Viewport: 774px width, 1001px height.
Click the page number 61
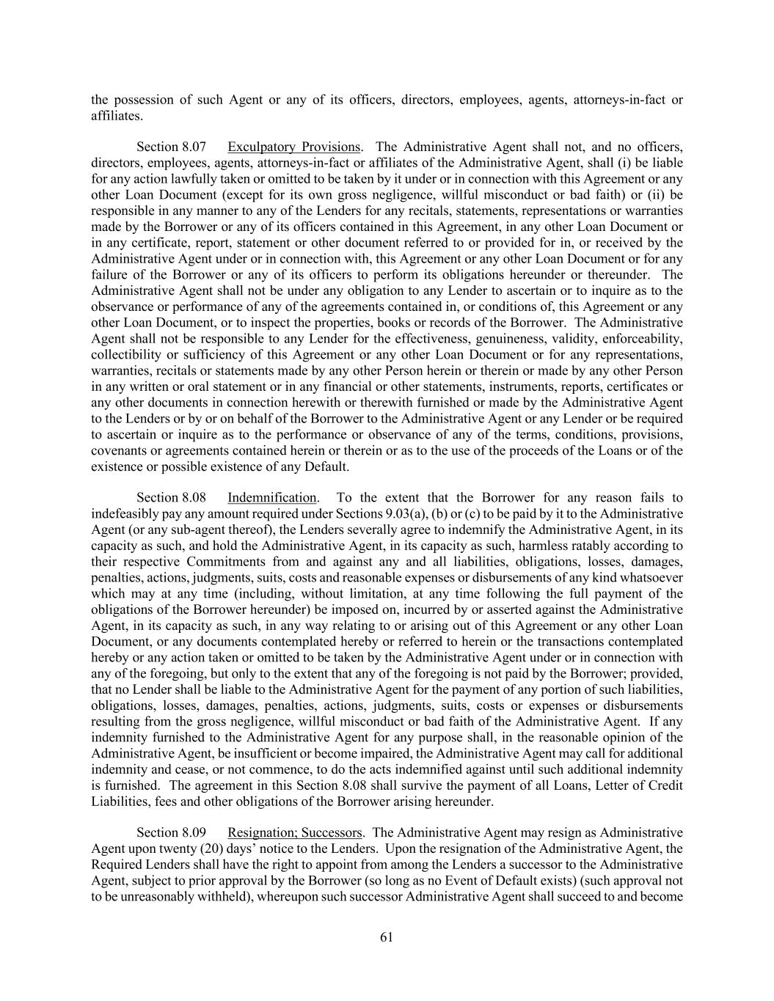click(387, 936)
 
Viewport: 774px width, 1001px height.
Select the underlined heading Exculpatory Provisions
click(293, 147)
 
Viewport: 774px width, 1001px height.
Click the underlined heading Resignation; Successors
click(295, 832)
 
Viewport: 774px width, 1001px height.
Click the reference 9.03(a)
click(420, 514)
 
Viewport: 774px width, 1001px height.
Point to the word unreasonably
click(145, 896)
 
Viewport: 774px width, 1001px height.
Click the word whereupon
click(285, 896)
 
